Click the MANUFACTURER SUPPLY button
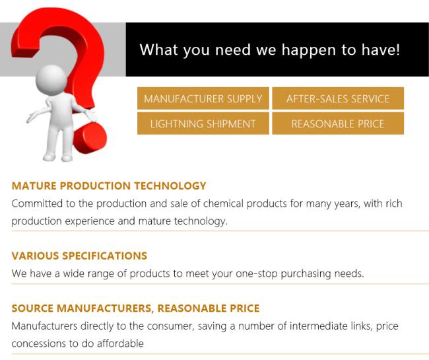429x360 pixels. click(x=203, y=98)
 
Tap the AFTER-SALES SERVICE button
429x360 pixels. click(x=338, y=98)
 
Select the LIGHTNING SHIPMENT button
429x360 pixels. click(x=203, y=124)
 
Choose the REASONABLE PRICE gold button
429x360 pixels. click(x=338, y=124)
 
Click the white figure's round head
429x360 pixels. click(x=51, y=80)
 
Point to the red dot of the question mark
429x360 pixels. click(x=90, y=137)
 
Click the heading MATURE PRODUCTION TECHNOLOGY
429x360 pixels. click(x=109, y=186)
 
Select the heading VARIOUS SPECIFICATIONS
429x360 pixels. click(x=79, y=256)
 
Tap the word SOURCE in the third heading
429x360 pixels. click(x=32, y=308)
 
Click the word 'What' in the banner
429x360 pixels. click(x=159, y=50)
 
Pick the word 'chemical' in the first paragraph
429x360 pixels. click(x=223, y=203)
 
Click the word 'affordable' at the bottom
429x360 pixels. click(x=120, y=343)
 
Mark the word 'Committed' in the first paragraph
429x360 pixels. click(x=37, y=203)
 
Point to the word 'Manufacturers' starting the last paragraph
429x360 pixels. click(x=44, y=326)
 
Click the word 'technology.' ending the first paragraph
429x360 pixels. click(x=201, y=221)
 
